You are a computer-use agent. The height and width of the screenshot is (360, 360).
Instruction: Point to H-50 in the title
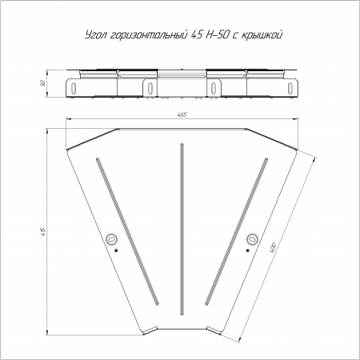[217, 35]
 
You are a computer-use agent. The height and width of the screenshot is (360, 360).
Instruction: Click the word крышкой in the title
[262, 35]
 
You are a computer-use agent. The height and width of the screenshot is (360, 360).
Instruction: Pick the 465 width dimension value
[182, 114]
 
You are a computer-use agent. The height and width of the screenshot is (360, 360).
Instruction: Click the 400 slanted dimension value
[273, 248]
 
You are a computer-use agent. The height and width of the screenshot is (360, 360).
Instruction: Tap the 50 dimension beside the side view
[42, 83]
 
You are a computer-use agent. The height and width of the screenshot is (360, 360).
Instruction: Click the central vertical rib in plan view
[182, 230]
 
